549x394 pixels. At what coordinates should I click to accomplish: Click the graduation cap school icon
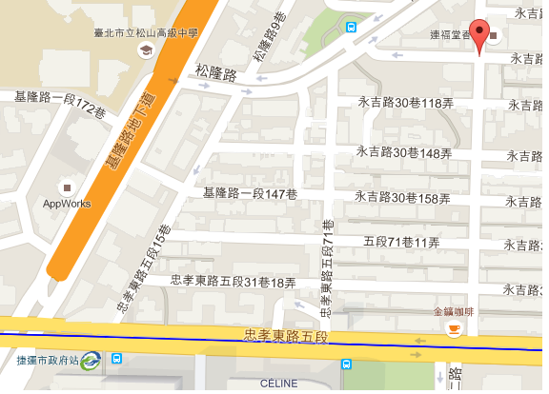pos(145,50)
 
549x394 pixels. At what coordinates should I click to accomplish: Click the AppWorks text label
pos(67,204)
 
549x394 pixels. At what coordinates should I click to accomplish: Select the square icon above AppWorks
pos(67,187)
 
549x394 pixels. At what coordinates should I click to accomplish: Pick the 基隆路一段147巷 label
pos(251,194)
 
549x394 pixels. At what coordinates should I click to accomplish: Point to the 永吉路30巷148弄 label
pos(403,151)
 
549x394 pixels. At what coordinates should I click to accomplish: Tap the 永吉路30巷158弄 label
pos(402,198)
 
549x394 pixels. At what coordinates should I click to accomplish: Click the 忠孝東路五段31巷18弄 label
pos(234,282)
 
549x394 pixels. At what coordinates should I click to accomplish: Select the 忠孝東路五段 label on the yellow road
pos(286,336)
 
